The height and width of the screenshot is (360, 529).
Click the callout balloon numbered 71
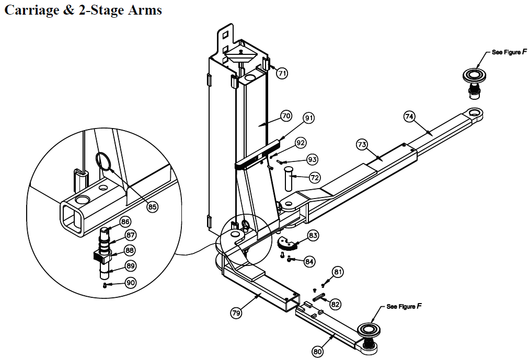(282, 73)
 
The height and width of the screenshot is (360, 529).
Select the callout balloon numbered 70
(285, 116)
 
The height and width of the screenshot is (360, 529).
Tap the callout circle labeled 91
(309, 119)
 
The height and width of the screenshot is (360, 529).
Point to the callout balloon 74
(409, 117)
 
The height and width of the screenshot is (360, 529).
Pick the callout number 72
(314, 177)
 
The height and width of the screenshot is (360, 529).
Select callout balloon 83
(313, 236)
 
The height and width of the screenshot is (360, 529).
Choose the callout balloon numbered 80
(318, 352)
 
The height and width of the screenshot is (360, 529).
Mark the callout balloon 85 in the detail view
(152, 207)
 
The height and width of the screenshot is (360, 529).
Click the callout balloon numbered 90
(130, 283)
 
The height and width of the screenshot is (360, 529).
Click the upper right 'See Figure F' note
(506, 53)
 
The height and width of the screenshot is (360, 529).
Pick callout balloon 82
(336, 304)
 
